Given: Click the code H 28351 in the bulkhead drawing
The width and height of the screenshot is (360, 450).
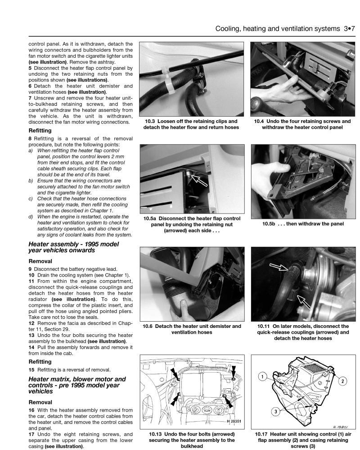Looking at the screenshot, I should [x=233, y=422].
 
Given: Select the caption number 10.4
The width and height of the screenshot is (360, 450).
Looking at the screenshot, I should [x=260, y=121].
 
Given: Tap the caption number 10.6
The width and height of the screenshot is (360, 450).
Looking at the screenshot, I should [x=149, y=326].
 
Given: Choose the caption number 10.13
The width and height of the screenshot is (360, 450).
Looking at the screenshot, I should [x=152, y=434].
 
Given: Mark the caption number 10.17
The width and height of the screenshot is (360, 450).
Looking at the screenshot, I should [x=261, y=434].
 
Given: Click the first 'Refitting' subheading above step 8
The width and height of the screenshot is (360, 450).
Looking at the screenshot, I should [x=40, y=131].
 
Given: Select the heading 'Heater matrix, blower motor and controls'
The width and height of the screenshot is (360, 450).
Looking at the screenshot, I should [x=77, y=382].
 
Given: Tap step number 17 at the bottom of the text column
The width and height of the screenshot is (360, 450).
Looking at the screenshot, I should [x=31, y=434].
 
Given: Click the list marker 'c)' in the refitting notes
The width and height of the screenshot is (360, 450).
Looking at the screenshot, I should [x=31, y=198].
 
